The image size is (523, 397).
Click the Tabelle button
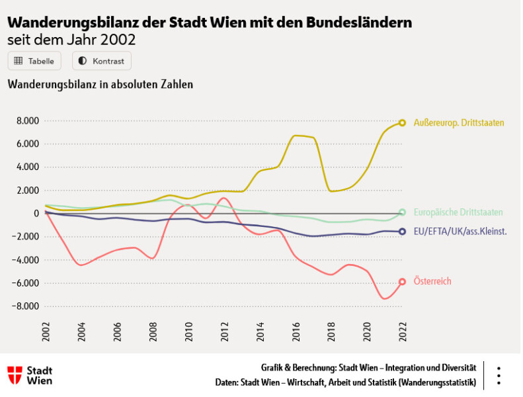click(34, 61)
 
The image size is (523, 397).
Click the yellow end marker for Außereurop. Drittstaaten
click(402, 122)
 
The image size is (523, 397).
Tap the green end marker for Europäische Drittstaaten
click(402, 212)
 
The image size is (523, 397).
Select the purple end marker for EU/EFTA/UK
click(402, 232)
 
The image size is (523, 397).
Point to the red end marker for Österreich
click(402, 281)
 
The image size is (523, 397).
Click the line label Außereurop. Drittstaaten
click(459, 122)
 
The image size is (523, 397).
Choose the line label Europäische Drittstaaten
click(458, 212)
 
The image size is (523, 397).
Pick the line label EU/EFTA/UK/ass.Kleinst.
click(460, 232)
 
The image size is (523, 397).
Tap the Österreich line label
click(432, 281)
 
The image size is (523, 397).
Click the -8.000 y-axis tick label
click(26, 306)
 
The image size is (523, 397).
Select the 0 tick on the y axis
click(37, 213)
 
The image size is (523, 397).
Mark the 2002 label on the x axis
click(46, 331)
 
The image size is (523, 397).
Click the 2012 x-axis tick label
click(225, 331)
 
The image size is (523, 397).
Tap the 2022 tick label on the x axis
click(403, 331)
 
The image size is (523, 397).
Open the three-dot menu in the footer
click(499, 375)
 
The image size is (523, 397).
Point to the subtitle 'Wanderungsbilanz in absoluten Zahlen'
click(100, 85)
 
